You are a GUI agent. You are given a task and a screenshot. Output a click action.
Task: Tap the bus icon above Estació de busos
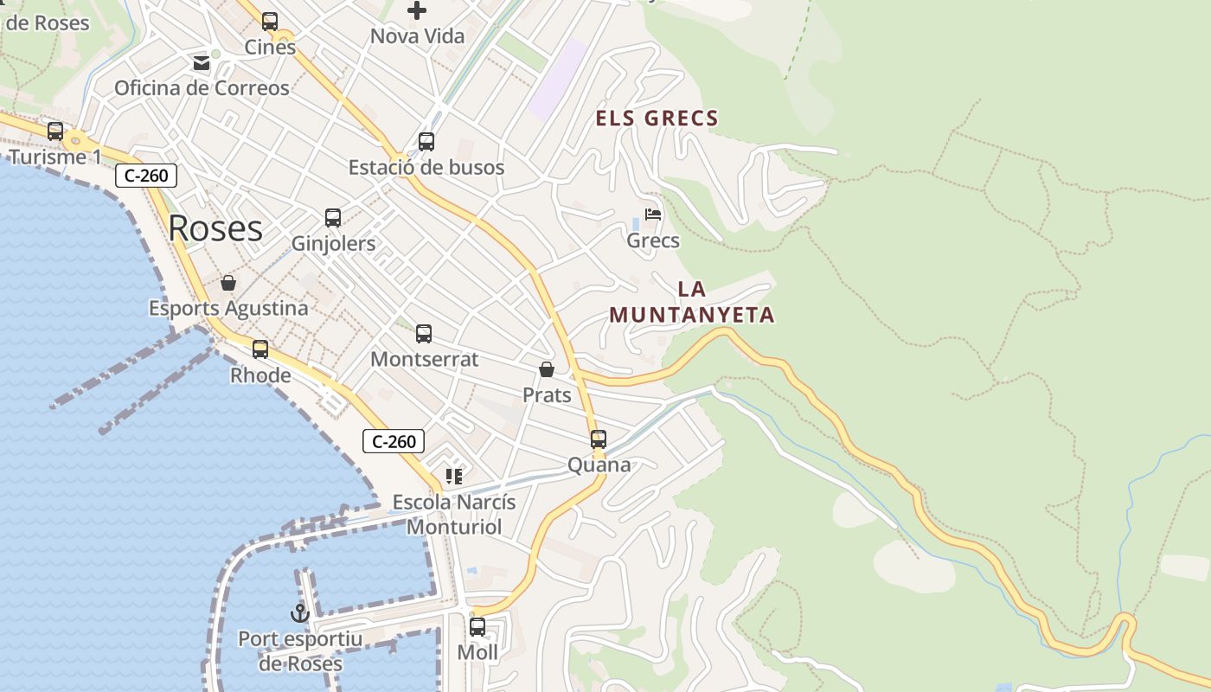coord(426,142)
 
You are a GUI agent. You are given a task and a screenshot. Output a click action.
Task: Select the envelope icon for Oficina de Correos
coord(202,63)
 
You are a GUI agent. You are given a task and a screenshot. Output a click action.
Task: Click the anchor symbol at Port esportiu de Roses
coord(300,614)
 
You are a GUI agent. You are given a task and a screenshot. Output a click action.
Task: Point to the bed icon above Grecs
coord(653,215)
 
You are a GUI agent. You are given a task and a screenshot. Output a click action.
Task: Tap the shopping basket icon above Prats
coord(547,370)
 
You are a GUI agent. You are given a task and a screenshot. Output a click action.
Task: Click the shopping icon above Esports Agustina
coord(228,283)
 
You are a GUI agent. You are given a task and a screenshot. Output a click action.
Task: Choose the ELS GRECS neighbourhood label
coord(657,119)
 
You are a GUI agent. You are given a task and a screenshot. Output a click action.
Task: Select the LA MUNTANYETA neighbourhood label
coord(692,303)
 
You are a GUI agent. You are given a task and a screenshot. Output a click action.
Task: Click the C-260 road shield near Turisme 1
coord(146,176)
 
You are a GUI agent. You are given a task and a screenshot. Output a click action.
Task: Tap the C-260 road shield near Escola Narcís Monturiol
coord(394,441)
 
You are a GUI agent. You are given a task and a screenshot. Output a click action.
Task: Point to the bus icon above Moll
coord(477,627)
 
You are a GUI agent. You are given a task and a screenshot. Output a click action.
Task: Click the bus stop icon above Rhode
coord(260,349)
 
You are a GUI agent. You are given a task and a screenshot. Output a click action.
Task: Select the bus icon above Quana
coord(599,439)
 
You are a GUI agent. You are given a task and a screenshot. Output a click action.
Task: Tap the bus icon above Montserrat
coord(424,334)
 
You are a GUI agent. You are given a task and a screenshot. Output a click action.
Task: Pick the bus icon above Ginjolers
coord(333,218)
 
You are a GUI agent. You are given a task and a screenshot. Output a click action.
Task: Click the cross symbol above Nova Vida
coord(417,11)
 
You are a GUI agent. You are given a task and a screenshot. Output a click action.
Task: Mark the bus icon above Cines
coord(270,22)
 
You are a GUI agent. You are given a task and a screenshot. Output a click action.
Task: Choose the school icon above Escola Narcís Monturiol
coord(454,476)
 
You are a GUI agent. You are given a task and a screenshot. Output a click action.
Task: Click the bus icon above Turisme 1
coord(55,131)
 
